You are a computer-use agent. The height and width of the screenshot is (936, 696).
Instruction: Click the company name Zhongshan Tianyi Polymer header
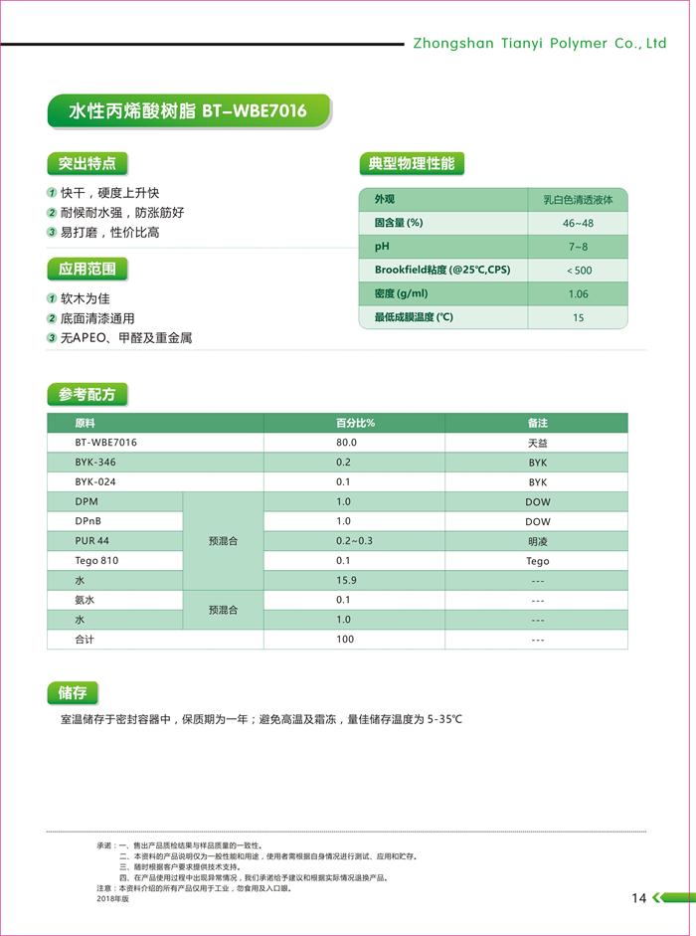pyautogui.click(x=539, y=44)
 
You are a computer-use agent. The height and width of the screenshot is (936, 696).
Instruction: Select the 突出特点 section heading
pyautogui.click(x=87, y=163)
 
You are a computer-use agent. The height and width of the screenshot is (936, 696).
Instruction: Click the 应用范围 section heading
pyautogui.click(x=87, y=269)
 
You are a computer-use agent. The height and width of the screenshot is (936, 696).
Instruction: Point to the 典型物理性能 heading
pyautogui.click(x=412, y=163)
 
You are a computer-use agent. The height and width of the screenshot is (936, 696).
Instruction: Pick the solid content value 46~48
pyautogui.click(x=578, y=223)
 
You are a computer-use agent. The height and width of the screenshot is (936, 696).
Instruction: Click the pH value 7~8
pyautogui.click(x=578, y=247)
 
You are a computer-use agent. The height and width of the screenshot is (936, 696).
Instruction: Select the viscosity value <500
pyautogui.click(x=578, y=271)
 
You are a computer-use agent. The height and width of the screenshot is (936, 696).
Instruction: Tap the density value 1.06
pyautogui.click(x=578, y=294)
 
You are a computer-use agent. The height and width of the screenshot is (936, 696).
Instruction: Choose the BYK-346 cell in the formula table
pyautogui.click(x=95, y=463)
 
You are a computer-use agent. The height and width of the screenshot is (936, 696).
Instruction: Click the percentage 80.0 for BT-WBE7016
pyautogui.click(x=345, y=443)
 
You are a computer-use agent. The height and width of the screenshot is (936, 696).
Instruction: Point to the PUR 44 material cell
pyautogui.click(x=92, y=541)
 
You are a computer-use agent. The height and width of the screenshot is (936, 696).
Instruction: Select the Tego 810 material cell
pyautogui.click(x=96, y=561)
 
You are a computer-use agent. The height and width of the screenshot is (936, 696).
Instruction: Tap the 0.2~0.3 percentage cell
pyautogui.click(x=354, y=541)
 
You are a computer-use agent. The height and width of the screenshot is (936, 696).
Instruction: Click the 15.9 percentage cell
pyautogui.click(x=345, y=580)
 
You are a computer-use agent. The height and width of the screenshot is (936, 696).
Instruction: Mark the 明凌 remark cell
pyautogui.click(x=537, y=541)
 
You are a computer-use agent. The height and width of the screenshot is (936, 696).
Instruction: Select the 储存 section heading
pyautogui.click(x=74, y=693)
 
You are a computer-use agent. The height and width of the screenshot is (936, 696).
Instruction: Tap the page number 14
pyautogui.click(x=638, y=898)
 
